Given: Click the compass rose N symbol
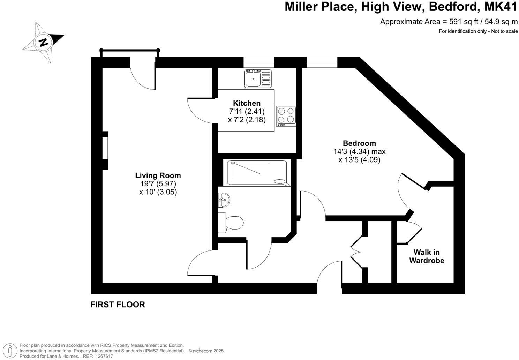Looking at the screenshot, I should point(44,42).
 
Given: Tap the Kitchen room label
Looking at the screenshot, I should point(247,103).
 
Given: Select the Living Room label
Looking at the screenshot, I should point(158,175).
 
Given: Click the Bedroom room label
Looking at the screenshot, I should point(359,143).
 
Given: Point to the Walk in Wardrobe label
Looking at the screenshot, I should point(427,256).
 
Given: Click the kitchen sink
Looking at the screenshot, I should point(253,78).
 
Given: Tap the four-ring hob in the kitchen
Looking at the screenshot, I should point(286,116).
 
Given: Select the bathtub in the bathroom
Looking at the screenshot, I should point(257,173).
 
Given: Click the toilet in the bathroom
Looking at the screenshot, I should point(231,223).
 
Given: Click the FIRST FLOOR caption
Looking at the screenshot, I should point(118,305).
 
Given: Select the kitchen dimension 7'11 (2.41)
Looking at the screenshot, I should point(247,112).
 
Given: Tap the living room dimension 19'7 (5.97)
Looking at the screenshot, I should point(158,184).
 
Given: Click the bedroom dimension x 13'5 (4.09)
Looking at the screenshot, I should point(359,160).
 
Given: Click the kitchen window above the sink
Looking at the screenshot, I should point(259,62).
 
